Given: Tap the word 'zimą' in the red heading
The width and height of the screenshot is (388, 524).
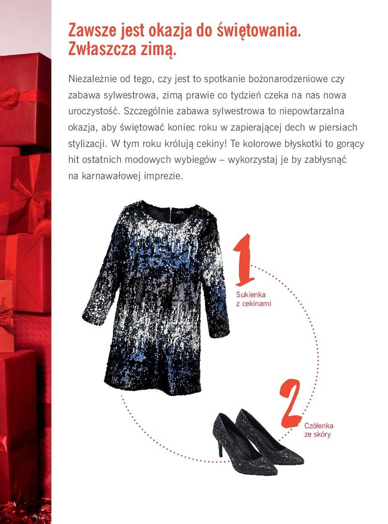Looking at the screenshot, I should (x=155, y=49).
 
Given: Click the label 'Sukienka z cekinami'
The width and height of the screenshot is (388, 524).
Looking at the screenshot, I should (x=253, y=299).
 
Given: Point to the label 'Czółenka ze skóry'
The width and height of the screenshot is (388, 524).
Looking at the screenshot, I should (x=318, y=430).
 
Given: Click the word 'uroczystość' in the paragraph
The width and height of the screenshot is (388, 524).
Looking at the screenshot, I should (x=93, y=111).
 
